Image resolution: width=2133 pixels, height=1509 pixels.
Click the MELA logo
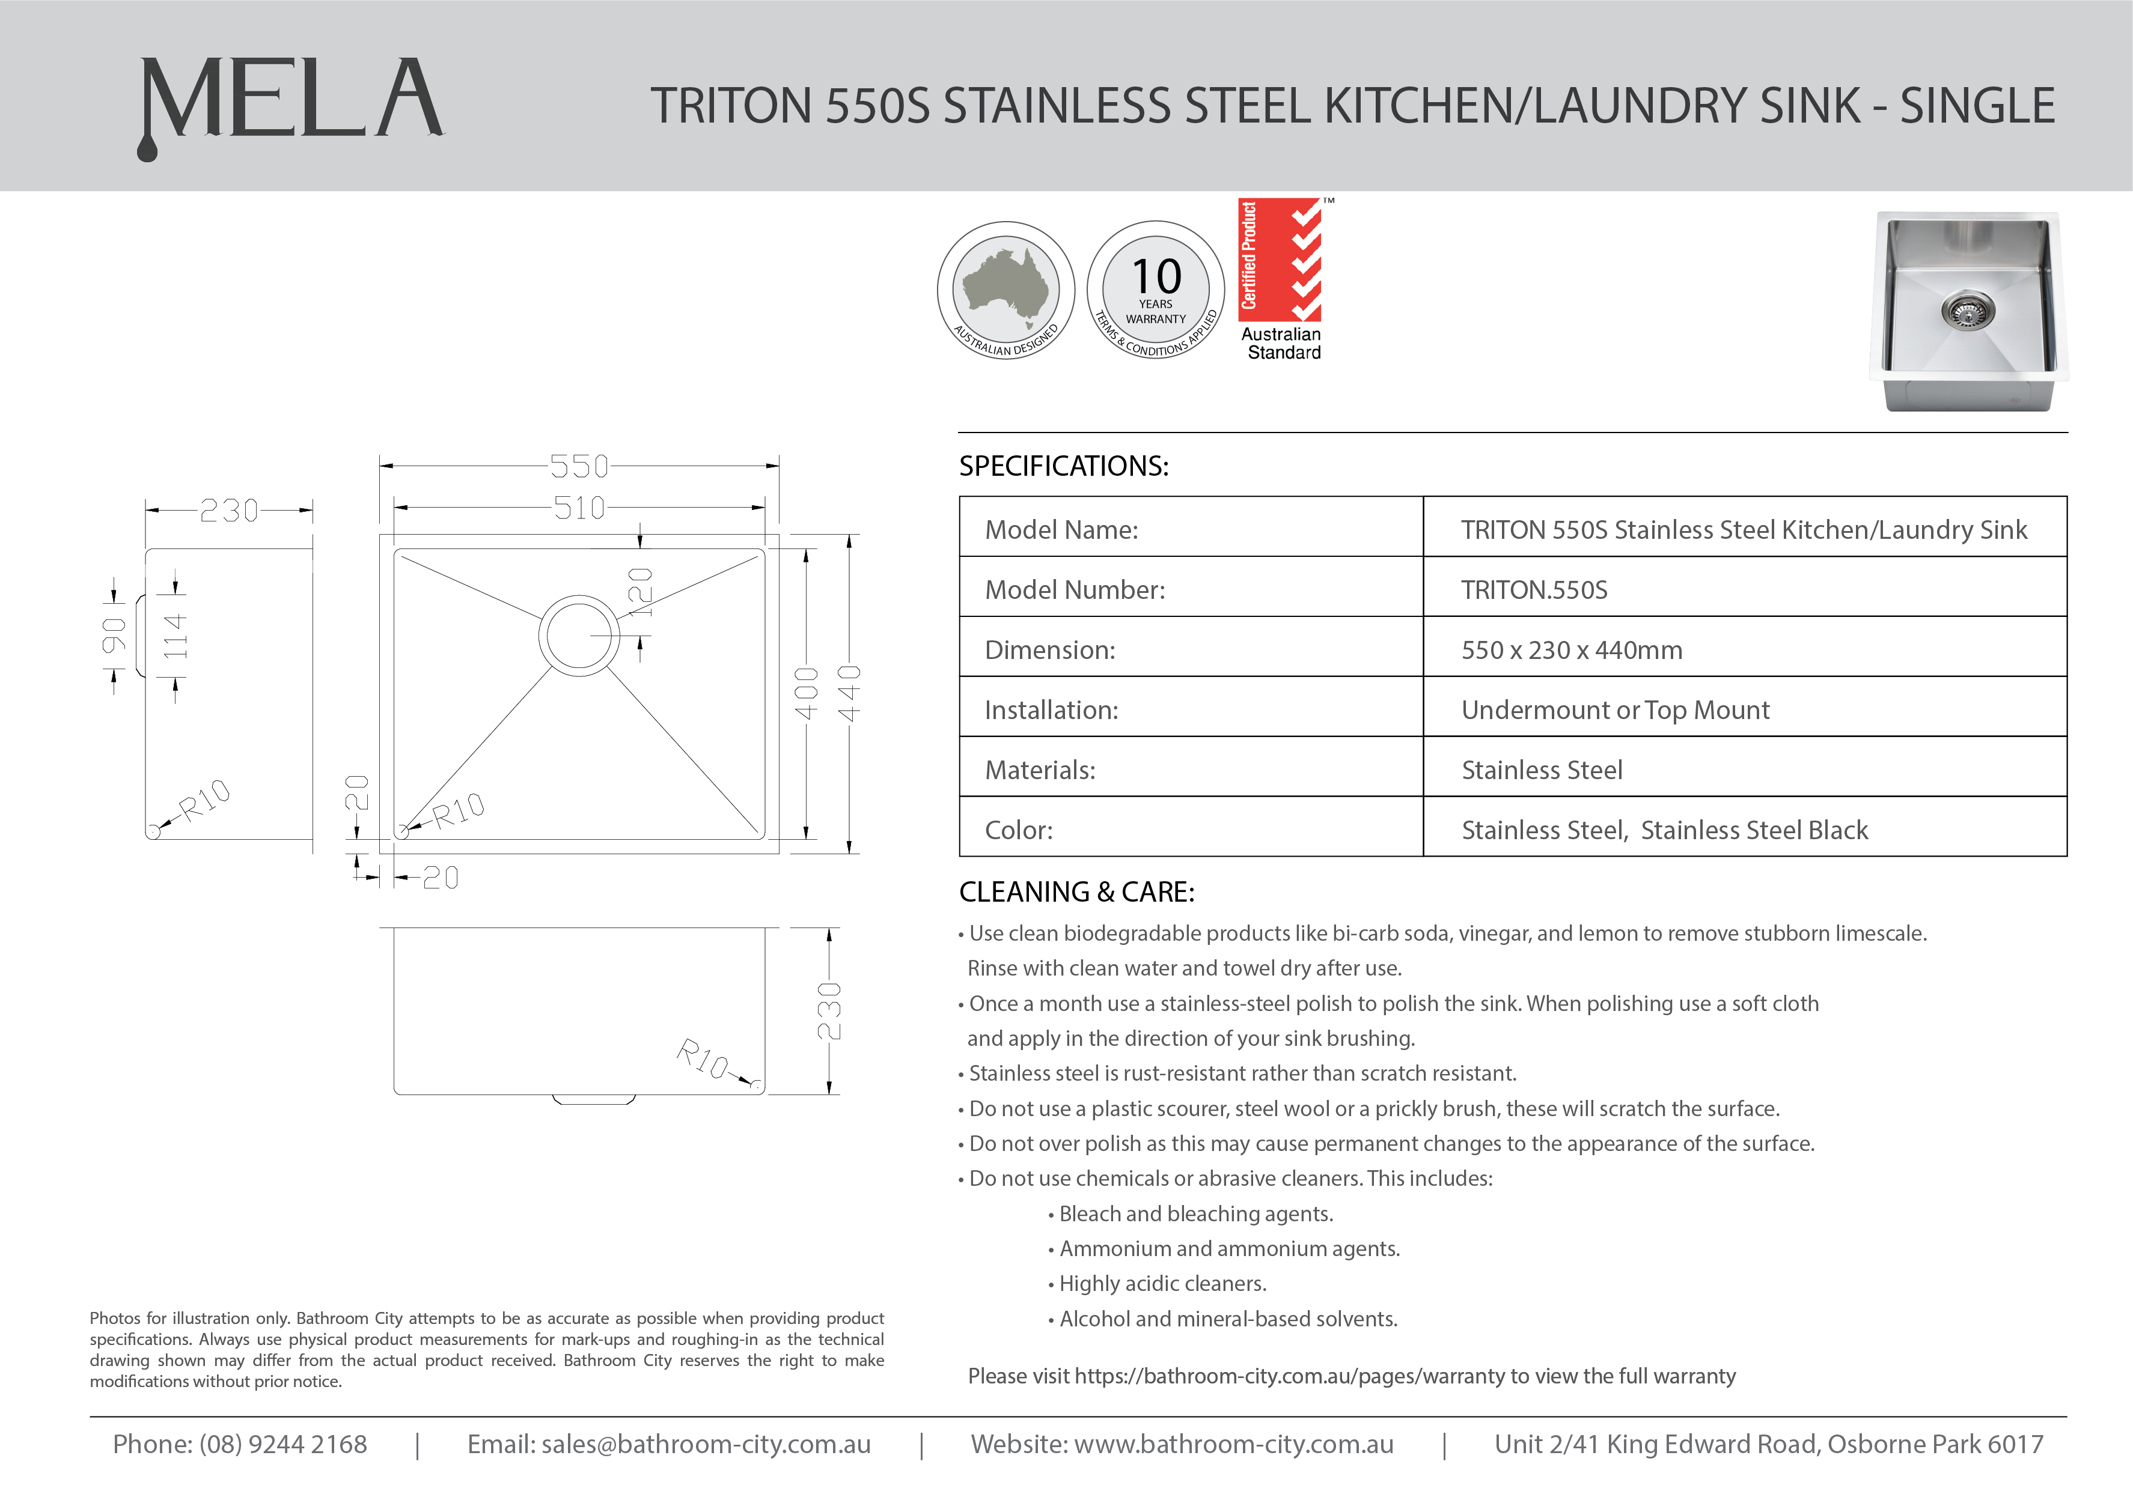(290, 102)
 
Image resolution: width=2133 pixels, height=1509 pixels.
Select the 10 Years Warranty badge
(1155, 290)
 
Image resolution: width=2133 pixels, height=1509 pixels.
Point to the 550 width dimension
(579, 466)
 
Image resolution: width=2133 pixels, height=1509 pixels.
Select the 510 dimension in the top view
(579, 508)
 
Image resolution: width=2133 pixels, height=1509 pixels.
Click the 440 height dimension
(849, 693)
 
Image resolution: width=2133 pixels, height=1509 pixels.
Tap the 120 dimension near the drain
(640, 592)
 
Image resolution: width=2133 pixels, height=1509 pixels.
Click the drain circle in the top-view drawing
(579, 634)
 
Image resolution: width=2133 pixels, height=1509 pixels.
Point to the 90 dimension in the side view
(114, 636)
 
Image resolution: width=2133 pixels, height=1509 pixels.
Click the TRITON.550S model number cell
(1534, 590)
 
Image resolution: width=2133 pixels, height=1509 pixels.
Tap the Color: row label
(1019, 830)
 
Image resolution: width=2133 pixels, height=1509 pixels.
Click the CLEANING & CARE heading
(1076, 892)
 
